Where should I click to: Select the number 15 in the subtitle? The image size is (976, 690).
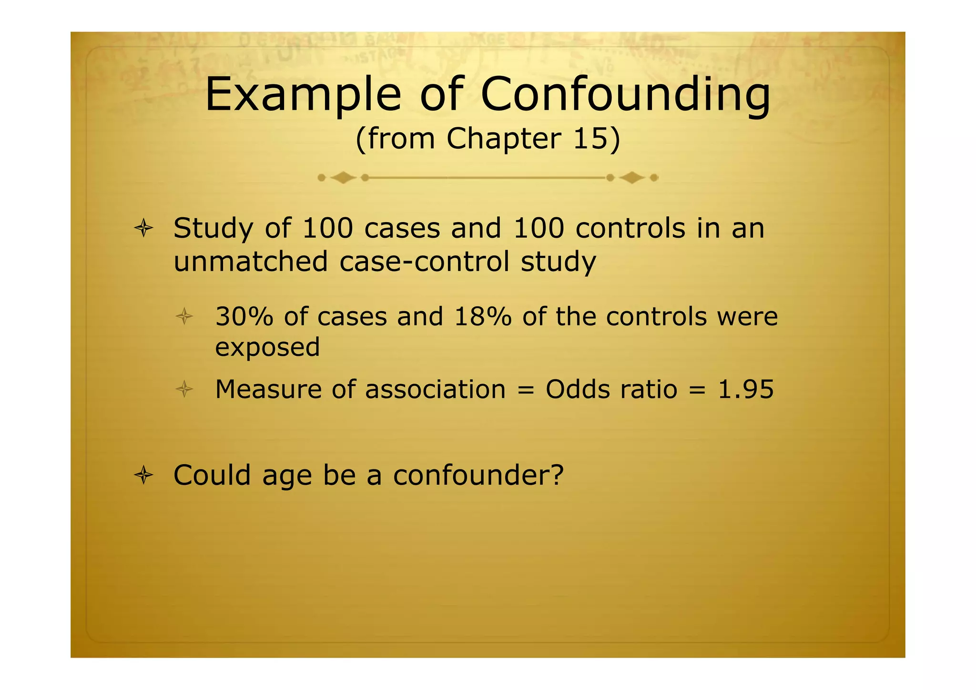590,139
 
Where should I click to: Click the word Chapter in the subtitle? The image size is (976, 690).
504,139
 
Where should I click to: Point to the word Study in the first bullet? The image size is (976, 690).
213,229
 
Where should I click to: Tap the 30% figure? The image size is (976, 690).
244,316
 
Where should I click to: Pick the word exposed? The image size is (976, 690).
267,347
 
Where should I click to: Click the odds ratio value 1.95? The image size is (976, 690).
745,389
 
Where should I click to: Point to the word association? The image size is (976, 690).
435,389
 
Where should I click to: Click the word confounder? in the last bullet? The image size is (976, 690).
478,475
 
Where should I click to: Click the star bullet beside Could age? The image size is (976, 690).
143,476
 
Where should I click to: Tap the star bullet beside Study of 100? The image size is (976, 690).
143,229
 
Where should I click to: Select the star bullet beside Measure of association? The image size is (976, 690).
184,390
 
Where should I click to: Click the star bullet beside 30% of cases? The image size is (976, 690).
184,317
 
